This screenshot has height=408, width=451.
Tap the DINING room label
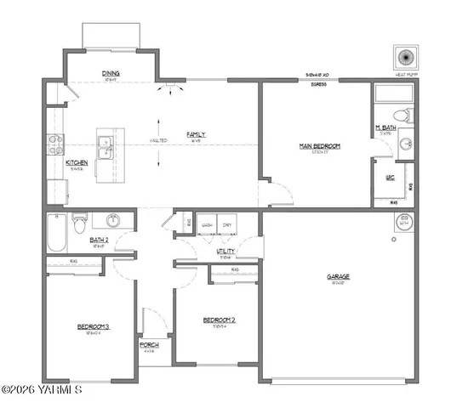(x=110, y=73)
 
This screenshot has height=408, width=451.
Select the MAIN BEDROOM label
(x=320, y=146)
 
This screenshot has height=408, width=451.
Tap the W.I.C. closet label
(x=391, y=178)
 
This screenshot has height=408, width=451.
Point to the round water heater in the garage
(x=402, y=224)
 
